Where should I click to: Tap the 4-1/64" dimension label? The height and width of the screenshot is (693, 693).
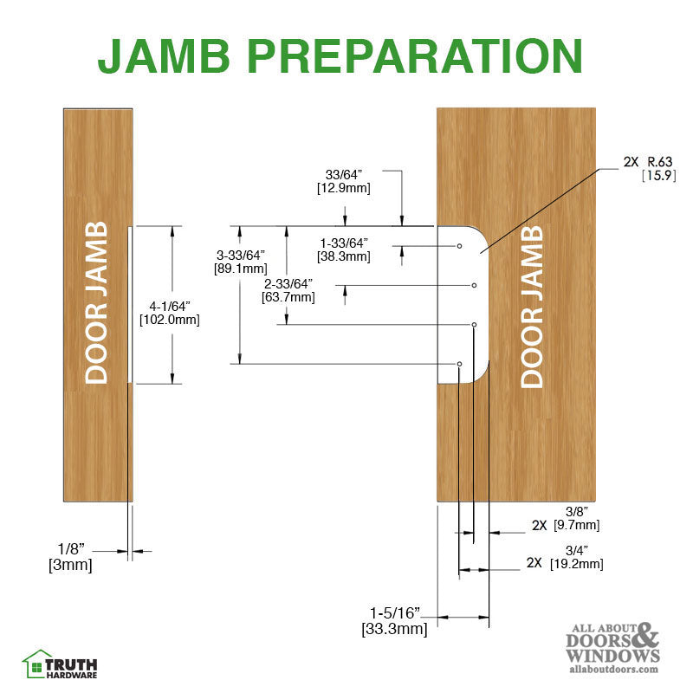tap(170, 306)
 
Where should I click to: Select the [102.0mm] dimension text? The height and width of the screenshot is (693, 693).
tap(170, 320)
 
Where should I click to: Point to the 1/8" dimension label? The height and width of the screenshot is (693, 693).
tap(73, 549)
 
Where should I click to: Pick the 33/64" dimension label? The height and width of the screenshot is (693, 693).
tap(333, 173)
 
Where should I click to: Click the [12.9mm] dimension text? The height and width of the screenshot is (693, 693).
tap(333, 187)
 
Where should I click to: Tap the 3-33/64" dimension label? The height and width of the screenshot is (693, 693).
tap(240, 255)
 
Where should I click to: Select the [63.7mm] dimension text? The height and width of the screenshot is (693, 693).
tap(288, 296)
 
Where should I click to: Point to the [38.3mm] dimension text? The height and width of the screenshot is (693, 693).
tap(345, 256)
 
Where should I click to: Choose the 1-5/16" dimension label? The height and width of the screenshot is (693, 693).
tap(395, 613)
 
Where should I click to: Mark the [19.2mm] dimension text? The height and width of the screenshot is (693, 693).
tap(576, 564)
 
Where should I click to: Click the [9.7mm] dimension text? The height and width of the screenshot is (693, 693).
tap(576, 526)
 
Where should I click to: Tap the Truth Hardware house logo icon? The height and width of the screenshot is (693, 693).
tap(37, 664)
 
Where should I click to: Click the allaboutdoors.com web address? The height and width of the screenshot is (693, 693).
tap(612, 669)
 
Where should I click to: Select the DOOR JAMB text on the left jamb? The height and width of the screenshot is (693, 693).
tap(97, 303)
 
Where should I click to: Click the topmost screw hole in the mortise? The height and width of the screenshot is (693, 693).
tap(460, 247)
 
